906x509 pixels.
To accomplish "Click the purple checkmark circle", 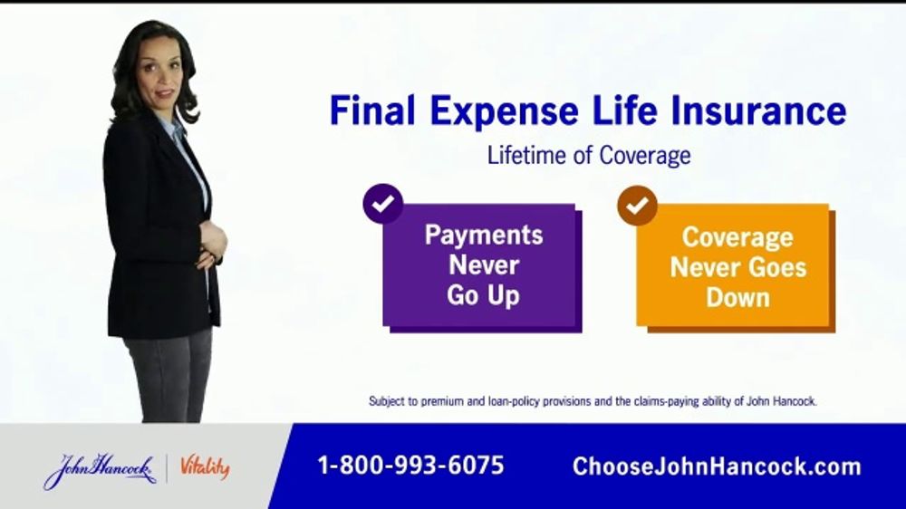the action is click(x=382, y=204).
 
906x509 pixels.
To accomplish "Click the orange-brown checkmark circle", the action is click(x=637, y=205).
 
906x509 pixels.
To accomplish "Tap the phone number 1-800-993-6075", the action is click(x=410, y=466).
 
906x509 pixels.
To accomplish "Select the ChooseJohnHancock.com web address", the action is click(x=717, y=466).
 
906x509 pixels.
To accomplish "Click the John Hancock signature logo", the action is click(x=100, y=469).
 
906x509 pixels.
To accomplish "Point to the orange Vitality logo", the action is click(x=205, y=467).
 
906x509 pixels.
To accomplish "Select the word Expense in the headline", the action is click(x=504, y=112).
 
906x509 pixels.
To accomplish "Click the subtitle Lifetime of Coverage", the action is click(x=589, y=155).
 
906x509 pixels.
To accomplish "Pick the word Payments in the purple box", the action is click(x=484, y=235).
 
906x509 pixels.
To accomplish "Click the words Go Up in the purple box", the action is click(x=483, y=296).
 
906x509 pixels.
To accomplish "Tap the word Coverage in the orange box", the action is click(x=737, y=238).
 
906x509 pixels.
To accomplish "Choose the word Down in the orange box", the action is click(x=737, y=298).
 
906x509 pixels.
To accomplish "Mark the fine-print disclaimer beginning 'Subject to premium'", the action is click(x=593, y=401).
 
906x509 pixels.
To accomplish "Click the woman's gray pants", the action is click(x=169, y=376).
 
